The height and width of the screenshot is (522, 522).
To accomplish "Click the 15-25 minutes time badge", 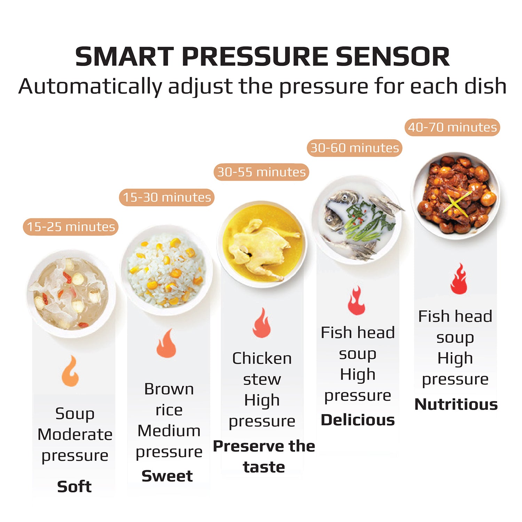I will coord(71,227).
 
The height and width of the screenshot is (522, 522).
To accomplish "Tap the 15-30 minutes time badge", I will coord(167,197).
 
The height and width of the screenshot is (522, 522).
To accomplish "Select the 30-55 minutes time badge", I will coord(261,172).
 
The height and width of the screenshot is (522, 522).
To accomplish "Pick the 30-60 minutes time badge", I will coord(354,148).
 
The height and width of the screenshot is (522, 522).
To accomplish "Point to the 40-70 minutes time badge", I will coord(452,127).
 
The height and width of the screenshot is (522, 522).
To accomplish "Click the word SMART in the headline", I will coord(124,57).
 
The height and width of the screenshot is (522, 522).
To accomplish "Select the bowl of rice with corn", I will coord(166,270).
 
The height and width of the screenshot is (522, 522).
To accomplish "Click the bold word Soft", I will coord(74,487).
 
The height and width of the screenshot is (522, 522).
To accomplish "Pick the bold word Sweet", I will coord(167,476).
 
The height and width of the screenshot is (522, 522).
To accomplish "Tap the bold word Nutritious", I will coord(456,404).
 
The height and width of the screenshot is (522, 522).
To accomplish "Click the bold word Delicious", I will coord(358,420).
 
